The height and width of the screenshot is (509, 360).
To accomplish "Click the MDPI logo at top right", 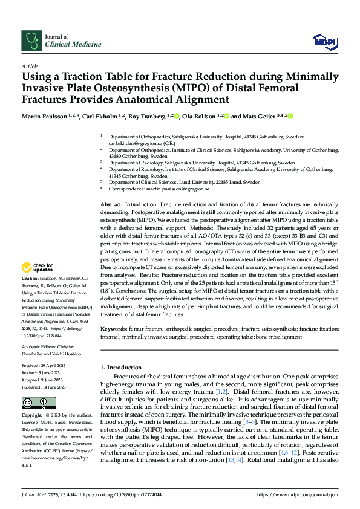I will (x=324, y=41).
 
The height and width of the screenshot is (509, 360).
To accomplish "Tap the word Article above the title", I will (x=30, y=65).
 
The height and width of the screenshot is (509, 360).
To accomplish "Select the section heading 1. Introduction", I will (x=120, y=367).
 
